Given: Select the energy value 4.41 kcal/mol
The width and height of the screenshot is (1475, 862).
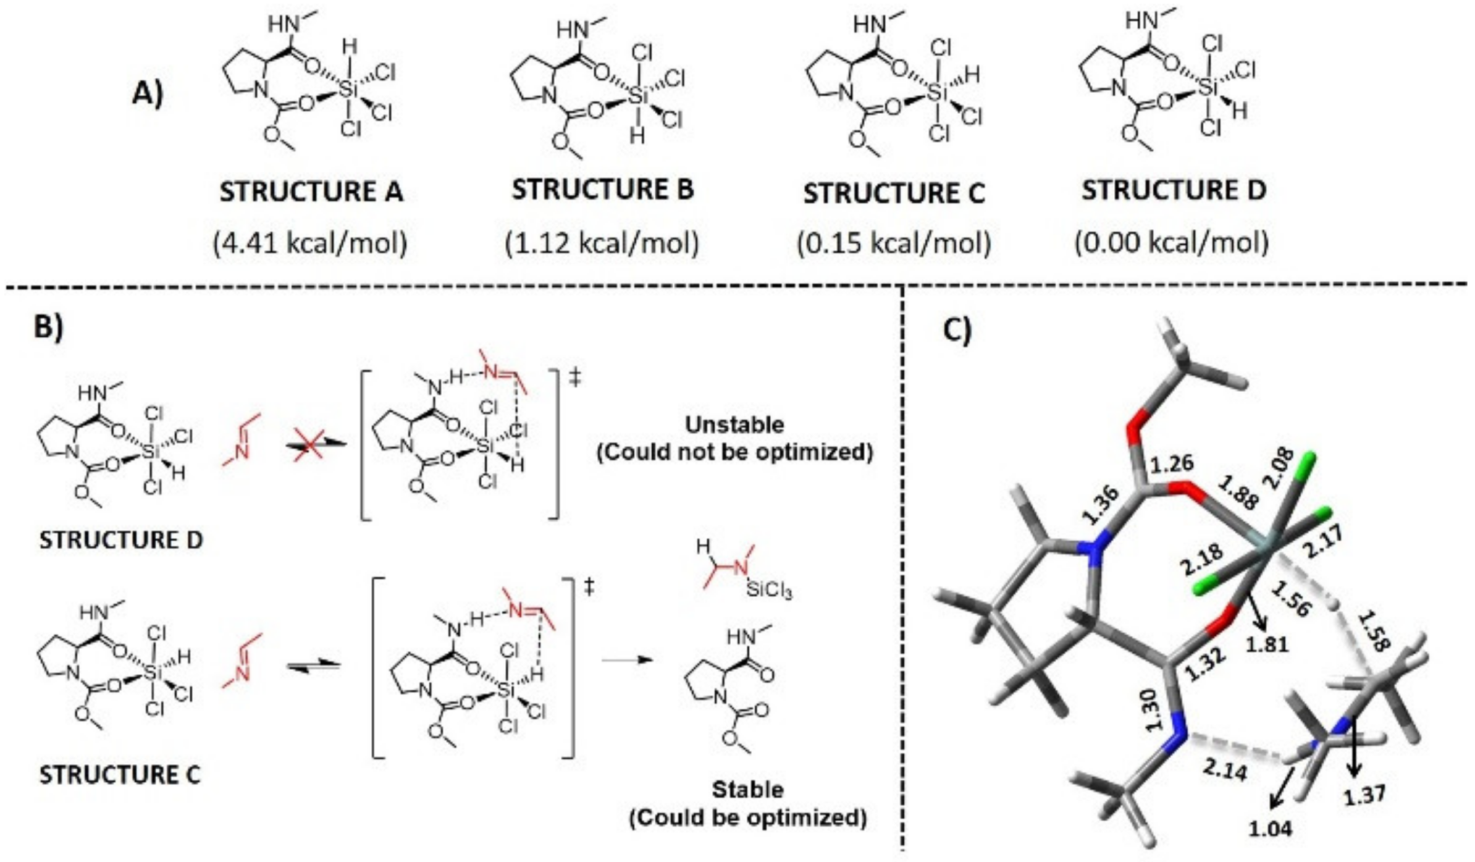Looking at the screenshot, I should coord(310,243).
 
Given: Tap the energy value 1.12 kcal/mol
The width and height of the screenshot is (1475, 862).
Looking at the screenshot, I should coord(602,243).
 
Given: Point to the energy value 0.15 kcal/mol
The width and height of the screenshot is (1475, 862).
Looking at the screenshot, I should coord(893,243).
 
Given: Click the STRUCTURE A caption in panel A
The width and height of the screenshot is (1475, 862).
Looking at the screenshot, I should coord(311,191).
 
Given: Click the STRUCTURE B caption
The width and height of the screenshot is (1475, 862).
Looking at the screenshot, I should coord(602,189).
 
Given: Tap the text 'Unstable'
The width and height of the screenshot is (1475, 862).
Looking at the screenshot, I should coord(734,425).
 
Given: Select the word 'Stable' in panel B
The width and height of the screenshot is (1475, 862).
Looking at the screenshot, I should coord(747,789).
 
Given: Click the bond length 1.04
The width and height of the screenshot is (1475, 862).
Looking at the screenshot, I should coord(1270,829).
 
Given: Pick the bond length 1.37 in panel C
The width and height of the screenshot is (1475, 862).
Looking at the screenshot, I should coord(1365,795).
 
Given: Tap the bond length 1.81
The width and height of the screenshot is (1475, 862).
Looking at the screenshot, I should coord(1267,644).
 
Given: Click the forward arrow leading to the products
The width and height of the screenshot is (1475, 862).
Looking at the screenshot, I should coord(627,659).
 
